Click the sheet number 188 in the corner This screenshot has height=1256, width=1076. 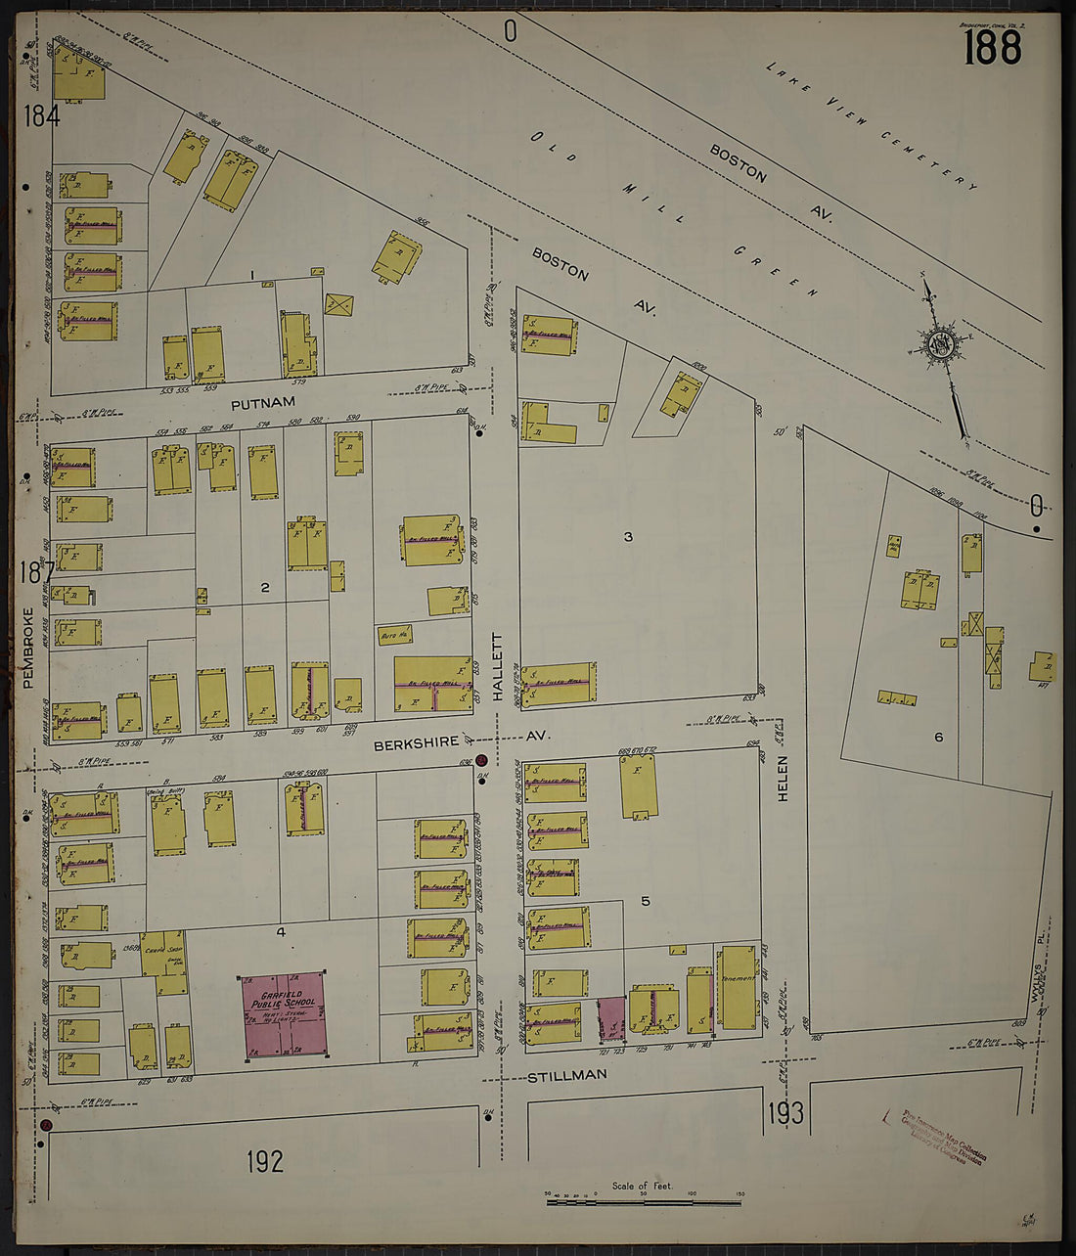click(x=992, y=47)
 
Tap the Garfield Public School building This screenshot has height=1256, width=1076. click(x=284, y=1014)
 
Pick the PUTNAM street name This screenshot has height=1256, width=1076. click(x=262, y=403)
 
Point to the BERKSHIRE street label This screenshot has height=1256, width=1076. click(x=415, y=744)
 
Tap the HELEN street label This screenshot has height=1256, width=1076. click(x=783, y=780)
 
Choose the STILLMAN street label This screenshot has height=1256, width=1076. click(x=567, y=1075)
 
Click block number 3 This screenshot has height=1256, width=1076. click(x=629, y=536)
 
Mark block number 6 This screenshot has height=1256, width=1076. click(x=938, y=737)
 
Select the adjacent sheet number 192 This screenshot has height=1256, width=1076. click(x=264, y=1161)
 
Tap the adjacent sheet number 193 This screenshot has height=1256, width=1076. click(x=785, y=1112)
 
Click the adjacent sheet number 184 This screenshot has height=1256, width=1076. click(x=42, y=116)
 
